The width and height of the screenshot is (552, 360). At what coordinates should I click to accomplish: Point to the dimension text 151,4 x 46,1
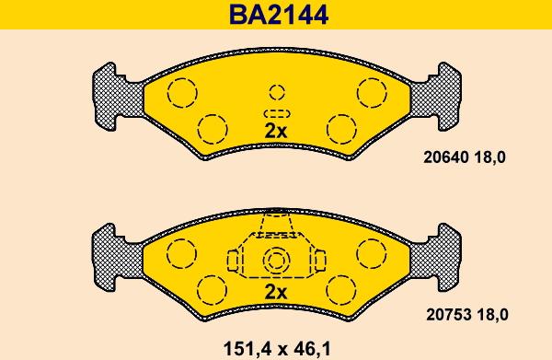coord(276,348)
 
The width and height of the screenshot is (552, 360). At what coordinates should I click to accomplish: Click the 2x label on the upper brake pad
coord(276,131)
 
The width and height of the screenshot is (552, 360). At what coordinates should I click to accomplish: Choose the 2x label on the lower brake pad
coord(276,292)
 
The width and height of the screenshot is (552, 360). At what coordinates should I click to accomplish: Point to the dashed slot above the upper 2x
coord(276,112)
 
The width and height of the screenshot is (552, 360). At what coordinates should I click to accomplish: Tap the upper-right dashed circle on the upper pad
coord(372,92)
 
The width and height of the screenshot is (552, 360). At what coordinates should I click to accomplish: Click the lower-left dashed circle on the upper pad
coord(213,127)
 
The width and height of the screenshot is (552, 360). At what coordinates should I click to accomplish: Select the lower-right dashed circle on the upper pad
coord(341,127)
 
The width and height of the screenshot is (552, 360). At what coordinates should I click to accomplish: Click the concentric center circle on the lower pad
coord(276,261)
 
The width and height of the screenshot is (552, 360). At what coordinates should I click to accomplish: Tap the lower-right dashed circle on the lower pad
coord(341,287)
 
